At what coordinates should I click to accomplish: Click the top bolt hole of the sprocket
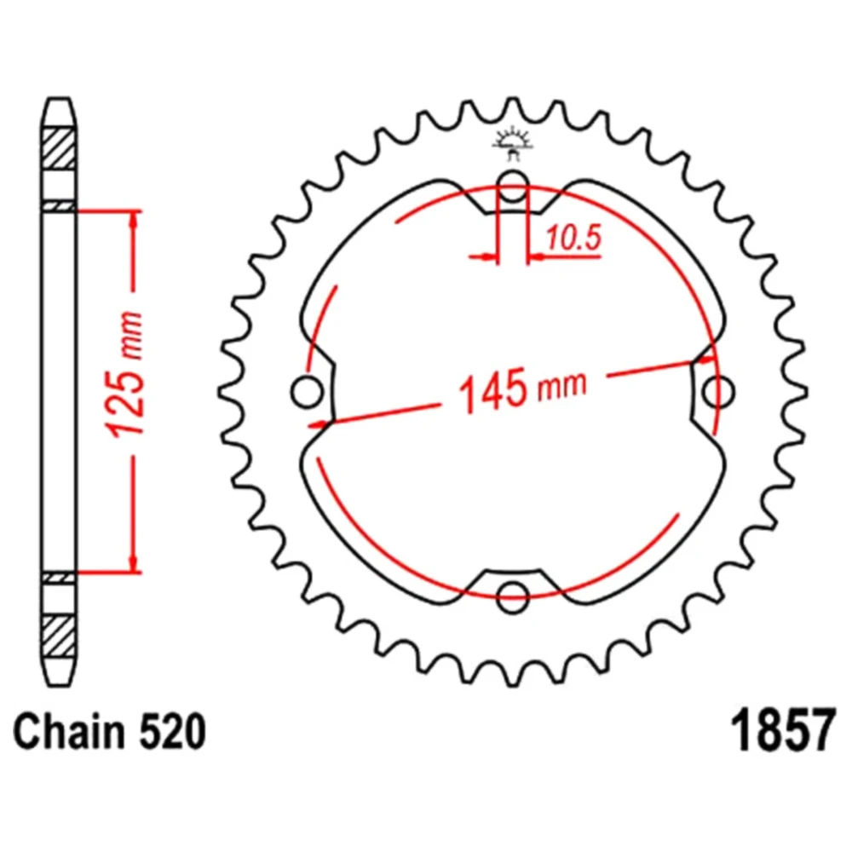tap(512, 185)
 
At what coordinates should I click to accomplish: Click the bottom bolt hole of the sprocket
tap(512, 596)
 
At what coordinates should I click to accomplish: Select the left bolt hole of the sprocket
tap(308, 391)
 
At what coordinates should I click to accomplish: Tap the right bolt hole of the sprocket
tap(718, 391)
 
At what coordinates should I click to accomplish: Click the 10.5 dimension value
tap(573, 238)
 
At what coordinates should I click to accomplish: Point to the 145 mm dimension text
tap(523, 389)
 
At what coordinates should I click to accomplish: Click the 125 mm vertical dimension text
tap(127, 375)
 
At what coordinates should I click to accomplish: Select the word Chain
tap(69, 732)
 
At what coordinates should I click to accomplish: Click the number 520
tap(172, 732)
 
